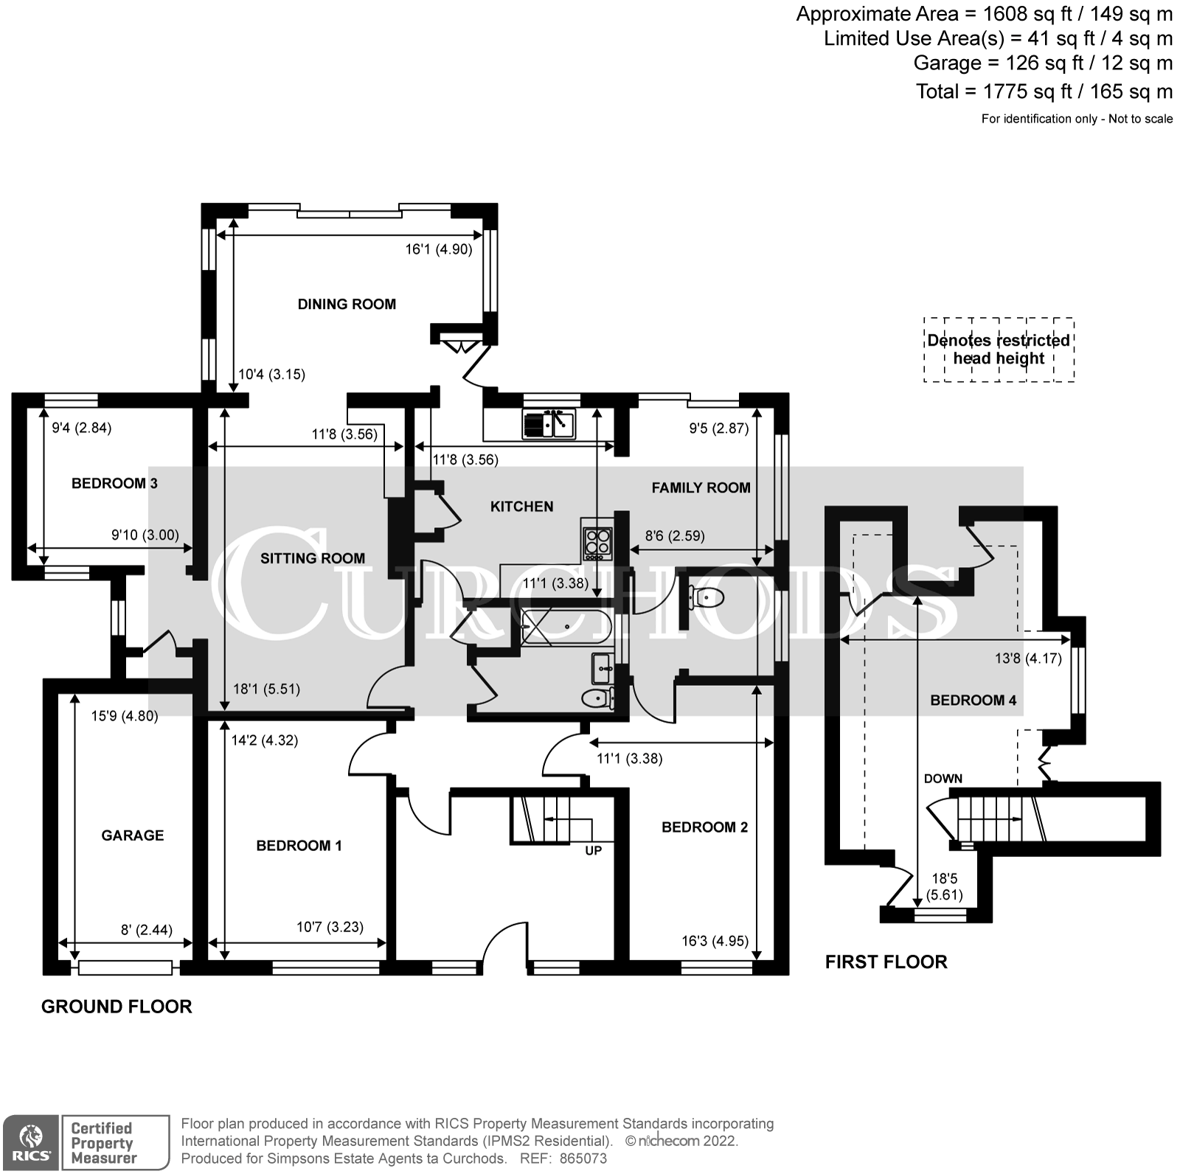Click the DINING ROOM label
tap(347, 304)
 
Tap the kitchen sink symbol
tap(549, 424)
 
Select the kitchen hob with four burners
tap(597, 542)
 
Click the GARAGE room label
tap(133, 835)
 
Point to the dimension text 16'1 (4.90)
tap(439, 249)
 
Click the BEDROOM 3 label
tap(114, 483)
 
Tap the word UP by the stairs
tap(593, 850)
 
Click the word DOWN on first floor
tap(943, 778)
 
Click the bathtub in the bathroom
tap(566, 626)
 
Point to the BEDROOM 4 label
tap(973, 700)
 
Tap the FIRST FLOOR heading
tap(886, 962)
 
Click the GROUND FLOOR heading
tap(117, 1007)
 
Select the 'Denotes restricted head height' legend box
tap(999, 350)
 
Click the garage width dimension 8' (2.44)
tap(146, 930)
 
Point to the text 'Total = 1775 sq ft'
tap(1044, 91)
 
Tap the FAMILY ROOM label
tap(701, 487)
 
